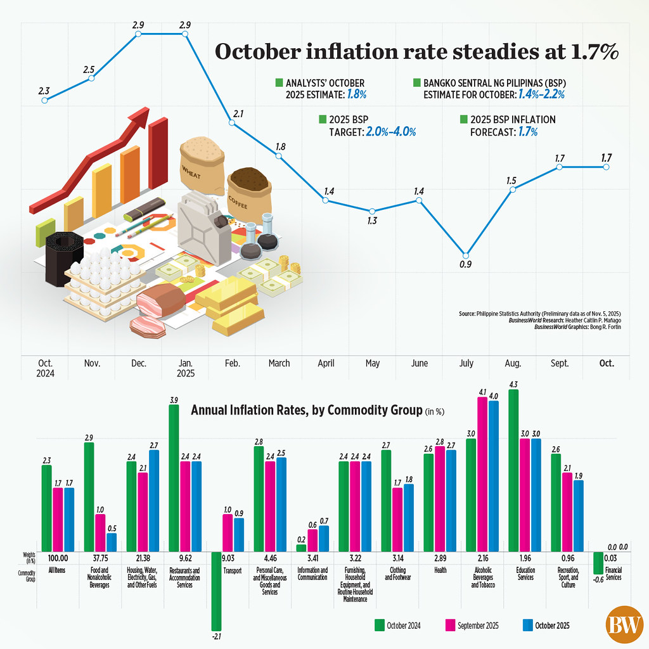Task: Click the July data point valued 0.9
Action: [466, 254]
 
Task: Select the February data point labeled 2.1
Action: [232, 122]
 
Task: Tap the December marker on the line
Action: [139, 33]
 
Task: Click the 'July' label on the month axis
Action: [466, 364]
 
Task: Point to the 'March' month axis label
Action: [279, 364]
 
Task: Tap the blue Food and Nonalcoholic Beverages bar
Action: [112, 542]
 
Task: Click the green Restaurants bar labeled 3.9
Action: [174, 478]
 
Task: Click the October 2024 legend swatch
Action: [380, 626]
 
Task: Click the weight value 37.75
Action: [94, 558]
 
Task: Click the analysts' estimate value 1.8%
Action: [356, 94]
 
